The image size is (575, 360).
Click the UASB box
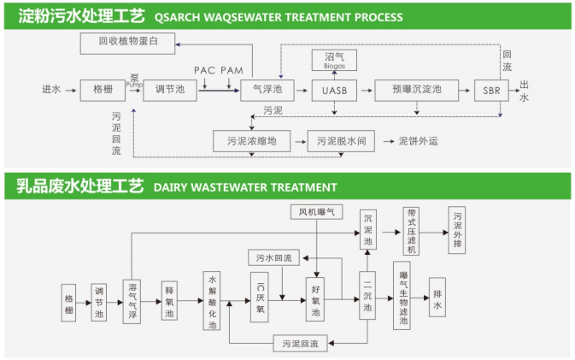[335, 89]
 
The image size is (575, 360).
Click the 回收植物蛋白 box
[129, 41]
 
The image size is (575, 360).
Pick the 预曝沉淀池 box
[416, 89]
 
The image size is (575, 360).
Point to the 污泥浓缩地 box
[251, 140]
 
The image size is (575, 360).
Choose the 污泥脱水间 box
[341, 140]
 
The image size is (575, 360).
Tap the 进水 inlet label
[52, 89]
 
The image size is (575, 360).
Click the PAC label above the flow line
[204, 69]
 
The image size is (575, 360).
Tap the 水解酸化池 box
[213, 302]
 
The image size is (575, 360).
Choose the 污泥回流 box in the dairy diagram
[300, 344]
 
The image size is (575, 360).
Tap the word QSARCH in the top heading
[179, 15]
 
